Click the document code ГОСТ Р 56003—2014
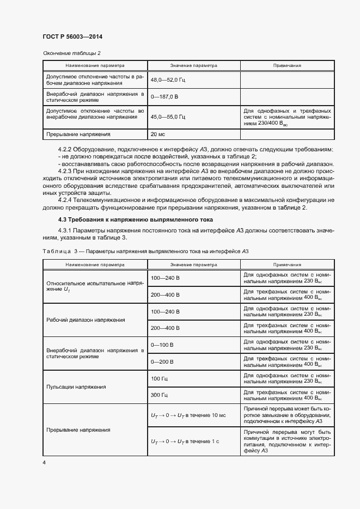pos(72,36)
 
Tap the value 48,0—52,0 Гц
pos(168,80)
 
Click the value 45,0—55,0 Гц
pos(168,116)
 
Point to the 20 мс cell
pos(158,134)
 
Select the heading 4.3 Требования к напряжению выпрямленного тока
pos(127,219)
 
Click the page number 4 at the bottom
pos(44,462)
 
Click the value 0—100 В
pos(162,345)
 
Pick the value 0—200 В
pos(162,361)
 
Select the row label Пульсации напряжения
pos(76,386)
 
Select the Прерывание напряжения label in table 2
pos(78,134)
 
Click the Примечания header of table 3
pos(287,264)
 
